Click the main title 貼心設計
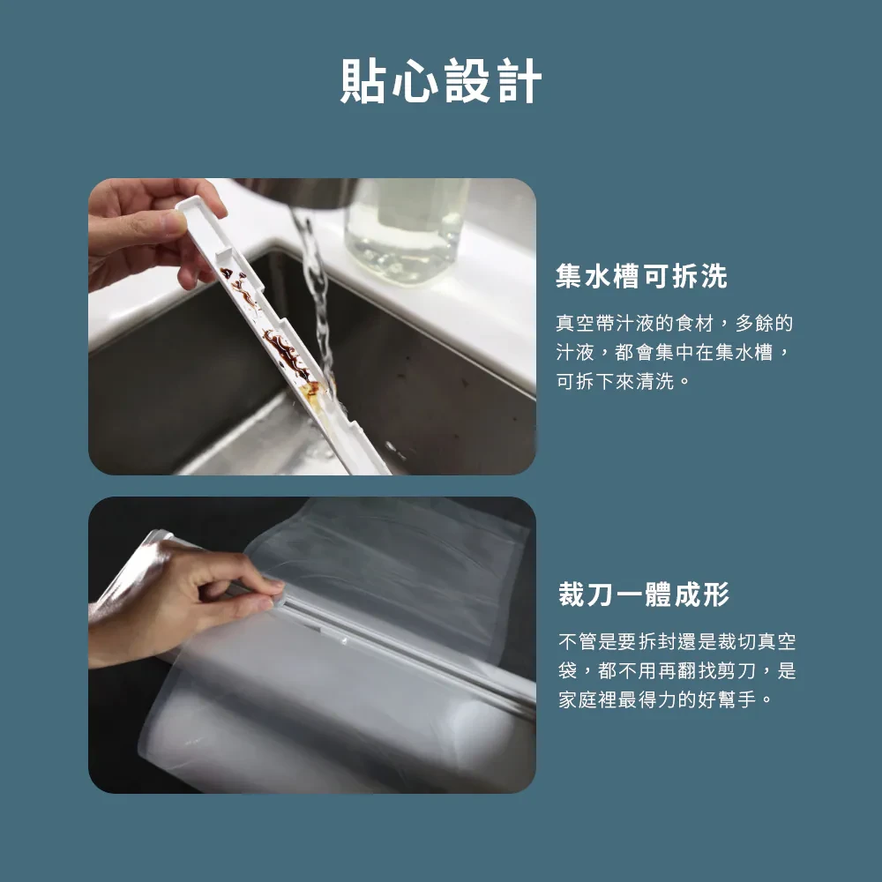tap(441, 80)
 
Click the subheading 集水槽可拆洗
tap(642, 276)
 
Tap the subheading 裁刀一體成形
tap(644, 594)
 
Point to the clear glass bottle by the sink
tap(406, 230)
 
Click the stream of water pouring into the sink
tap(316, 298)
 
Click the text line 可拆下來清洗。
tap(624, 381)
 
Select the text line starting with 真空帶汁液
tap(675, 324)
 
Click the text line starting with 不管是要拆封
tap(677, 641)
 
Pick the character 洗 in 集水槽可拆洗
tap(714, 276)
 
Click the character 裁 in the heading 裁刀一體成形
tap(572, 594)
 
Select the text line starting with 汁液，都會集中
tap(675, 353)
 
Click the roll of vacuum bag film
tap(338, 726)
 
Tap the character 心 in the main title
tap(415, 80)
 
